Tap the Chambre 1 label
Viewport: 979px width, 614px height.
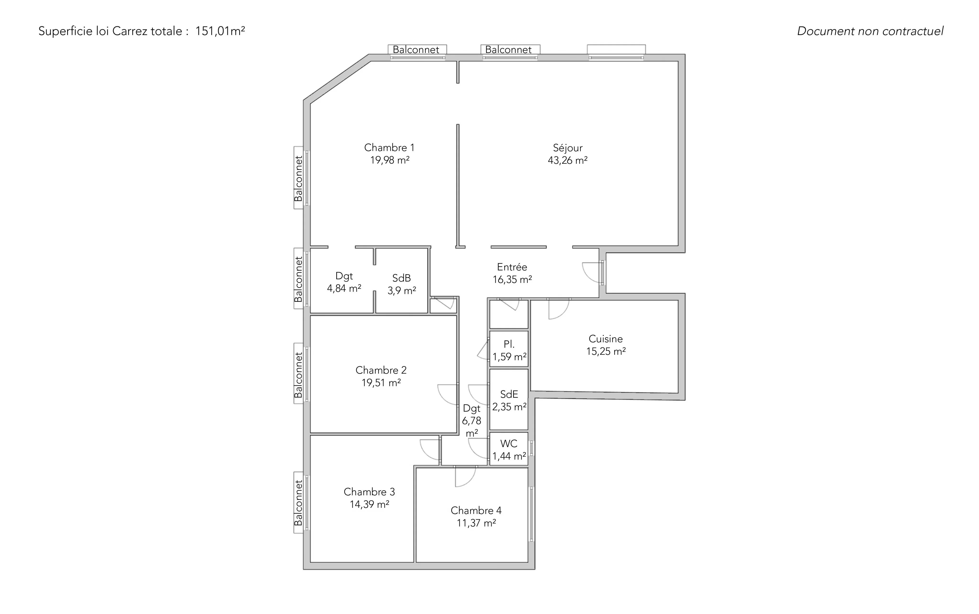389,147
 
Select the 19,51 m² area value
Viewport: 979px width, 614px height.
381,382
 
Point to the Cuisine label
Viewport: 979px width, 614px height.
605,339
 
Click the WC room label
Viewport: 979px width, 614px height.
509,444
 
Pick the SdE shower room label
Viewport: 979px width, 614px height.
509,394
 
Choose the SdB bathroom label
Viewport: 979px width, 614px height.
401,278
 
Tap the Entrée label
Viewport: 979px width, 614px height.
512,267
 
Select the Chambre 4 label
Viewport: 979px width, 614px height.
476,510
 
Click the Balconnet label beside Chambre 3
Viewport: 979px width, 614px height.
299,503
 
